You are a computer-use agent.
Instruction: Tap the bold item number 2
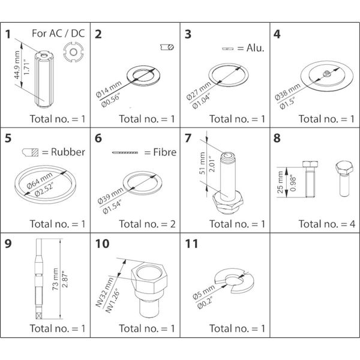click(x=98, y=34)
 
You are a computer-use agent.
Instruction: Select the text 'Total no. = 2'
click(x=147, y=224)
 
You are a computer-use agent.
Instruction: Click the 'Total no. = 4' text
click(x=327, y=224)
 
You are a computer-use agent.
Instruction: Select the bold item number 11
click(x=190, y=244)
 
